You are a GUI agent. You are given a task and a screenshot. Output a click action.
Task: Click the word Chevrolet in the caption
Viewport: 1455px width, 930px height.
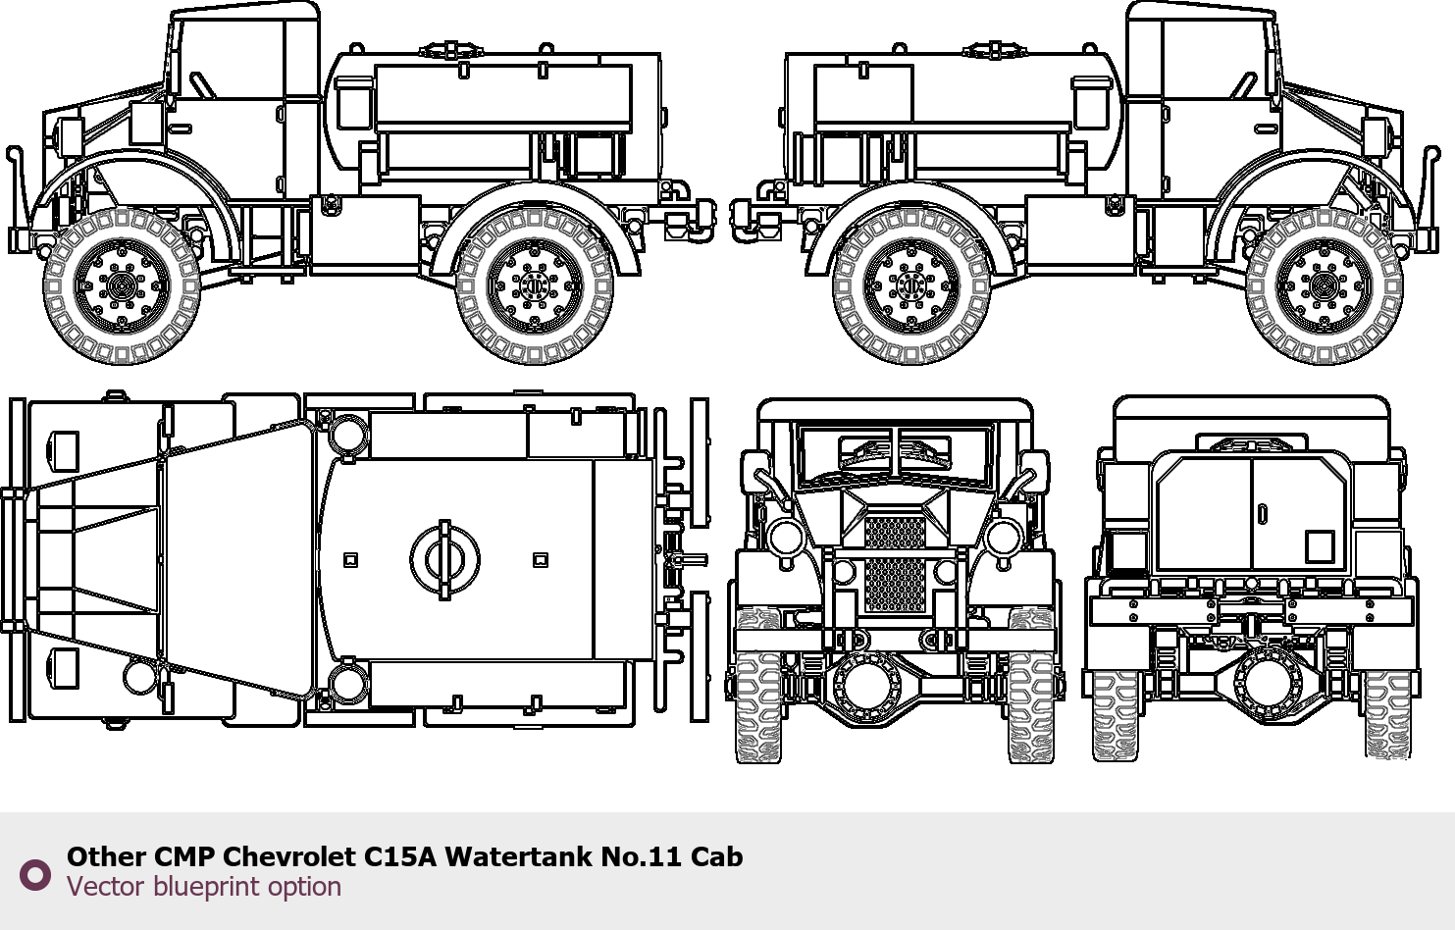point(289,856)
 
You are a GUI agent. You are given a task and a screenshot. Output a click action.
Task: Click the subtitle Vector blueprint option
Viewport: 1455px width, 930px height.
point(204,887)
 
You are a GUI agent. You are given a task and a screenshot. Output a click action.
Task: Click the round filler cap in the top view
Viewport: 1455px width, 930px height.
point(445,559)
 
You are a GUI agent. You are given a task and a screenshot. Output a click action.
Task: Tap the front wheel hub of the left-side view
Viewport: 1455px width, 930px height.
point(122,285)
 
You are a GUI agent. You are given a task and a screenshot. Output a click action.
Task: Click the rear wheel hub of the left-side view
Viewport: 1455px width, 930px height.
point(535,285)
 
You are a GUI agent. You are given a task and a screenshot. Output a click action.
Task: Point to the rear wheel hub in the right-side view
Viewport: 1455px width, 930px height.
point(910,285)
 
